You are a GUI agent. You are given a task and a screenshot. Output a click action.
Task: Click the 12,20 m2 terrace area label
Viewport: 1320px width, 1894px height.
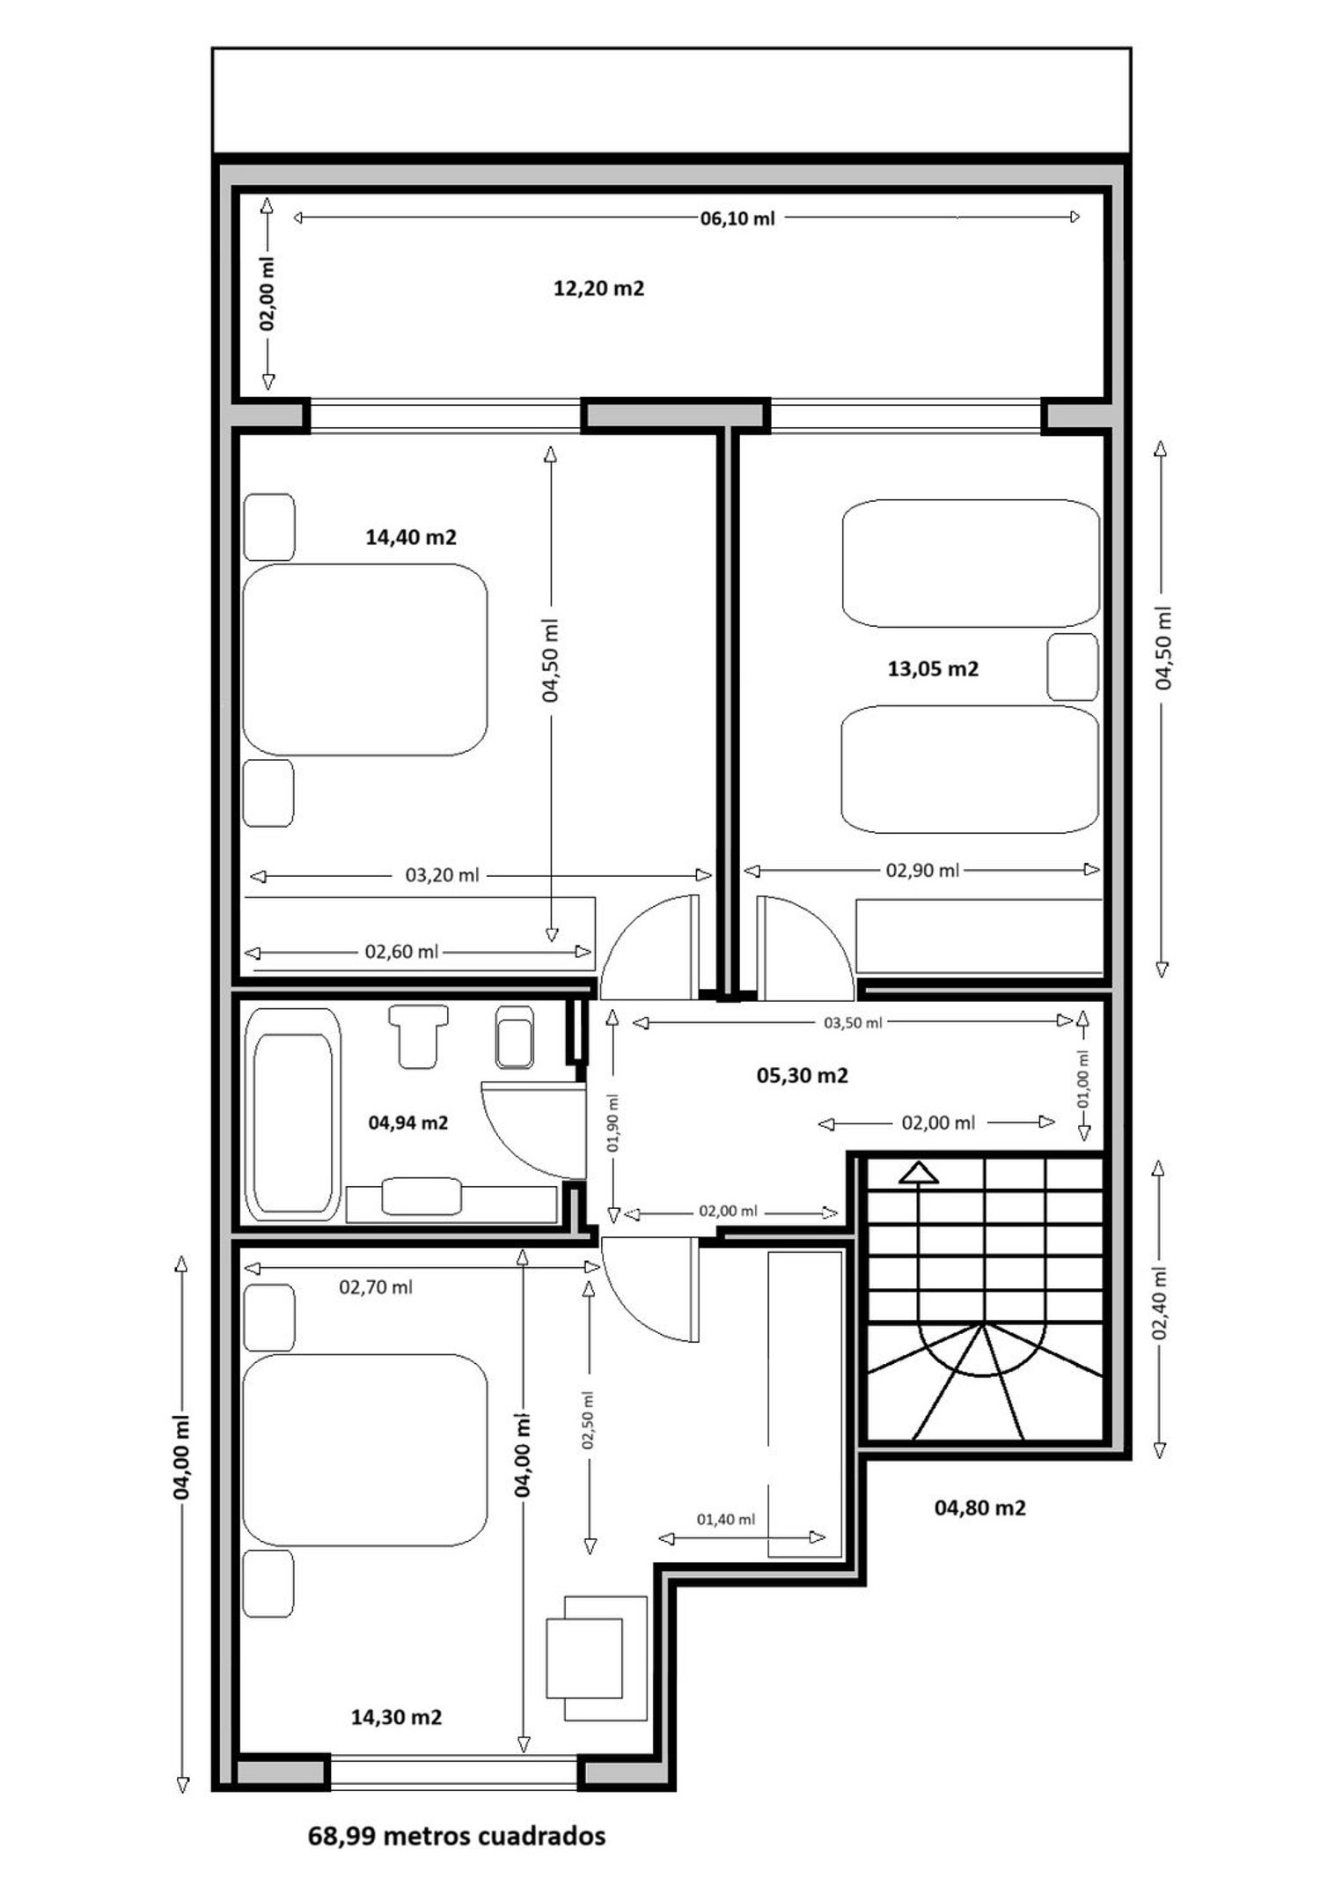click(598, 288)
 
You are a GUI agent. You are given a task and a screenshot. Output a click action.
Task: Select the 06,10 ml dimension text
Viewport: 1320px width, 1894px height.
click(737, 218)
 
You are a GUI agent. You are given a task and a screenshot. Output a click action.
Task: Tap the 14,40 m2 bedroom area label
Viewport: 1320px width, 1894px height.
click(411, 536)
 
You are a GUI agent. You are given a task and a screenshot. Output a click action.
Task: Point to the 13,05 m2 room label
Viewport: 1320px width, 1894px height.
click(933, 668)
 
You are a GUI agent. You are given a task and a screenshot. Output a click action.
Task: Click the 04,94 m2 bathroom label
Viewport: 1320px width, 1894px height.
click(408, 1122)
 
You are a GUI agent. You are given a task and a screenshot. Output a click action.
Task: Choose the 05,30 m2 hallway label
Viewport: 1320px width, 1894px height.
click(803, 1075)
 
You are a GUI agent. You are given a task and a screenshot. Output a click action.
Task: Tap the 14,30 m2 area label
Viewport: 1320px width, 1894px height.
click(396, 1716)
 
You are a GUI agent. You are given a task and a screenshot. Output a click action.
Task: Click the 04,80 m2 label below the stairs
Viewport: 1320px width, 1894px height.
click(979, 1507)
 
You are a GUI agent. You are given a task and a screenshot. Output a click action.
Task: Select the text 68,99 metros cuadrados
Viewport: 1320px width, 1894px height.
click(457, 1835)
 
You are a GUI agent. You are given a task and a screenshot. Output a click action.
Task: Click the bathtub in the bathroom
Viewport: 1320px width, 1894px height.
click(293, 1114)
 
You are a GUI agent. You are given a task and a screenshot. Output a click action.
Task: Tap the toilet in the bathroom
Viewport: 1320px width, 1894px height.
click(419, 1036)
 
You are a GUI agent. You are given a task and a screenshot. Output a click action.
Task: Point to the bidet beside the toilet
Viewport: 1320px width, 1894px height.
click(515, 1036)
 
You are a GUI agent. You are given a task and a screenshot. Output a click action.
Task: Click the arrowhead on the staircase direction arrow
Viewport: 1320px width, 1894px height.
click(920, 1172)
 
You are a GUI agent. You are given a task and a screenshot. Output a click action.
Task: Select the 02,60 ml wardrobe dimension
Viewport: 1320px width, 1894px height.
click(401, 952)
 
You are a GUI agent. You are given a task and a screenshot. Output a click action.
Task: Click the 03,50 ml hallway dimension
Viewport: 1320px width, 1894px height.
click(853, 1022)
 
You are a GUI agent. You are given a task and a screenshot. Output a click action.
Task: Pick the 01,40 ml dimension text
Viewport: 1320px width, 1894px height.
click(726, 1519)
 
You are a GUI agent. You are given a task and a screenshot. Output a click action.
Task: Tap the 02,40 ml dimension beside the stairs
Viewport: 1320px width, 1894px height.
click(1161, 1302)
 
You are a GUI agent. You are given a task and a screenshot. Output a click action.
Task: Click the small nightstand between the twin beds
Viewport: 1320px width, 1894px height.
click(1073, 667)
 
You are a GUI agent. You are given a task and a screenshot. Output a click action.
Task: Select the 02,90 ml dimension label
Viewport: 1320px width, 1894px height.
click(922, 870)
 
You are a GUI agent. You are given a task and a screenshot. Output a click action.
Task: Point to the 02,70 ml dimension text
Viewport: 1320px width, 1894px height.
click(376, 1286)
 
